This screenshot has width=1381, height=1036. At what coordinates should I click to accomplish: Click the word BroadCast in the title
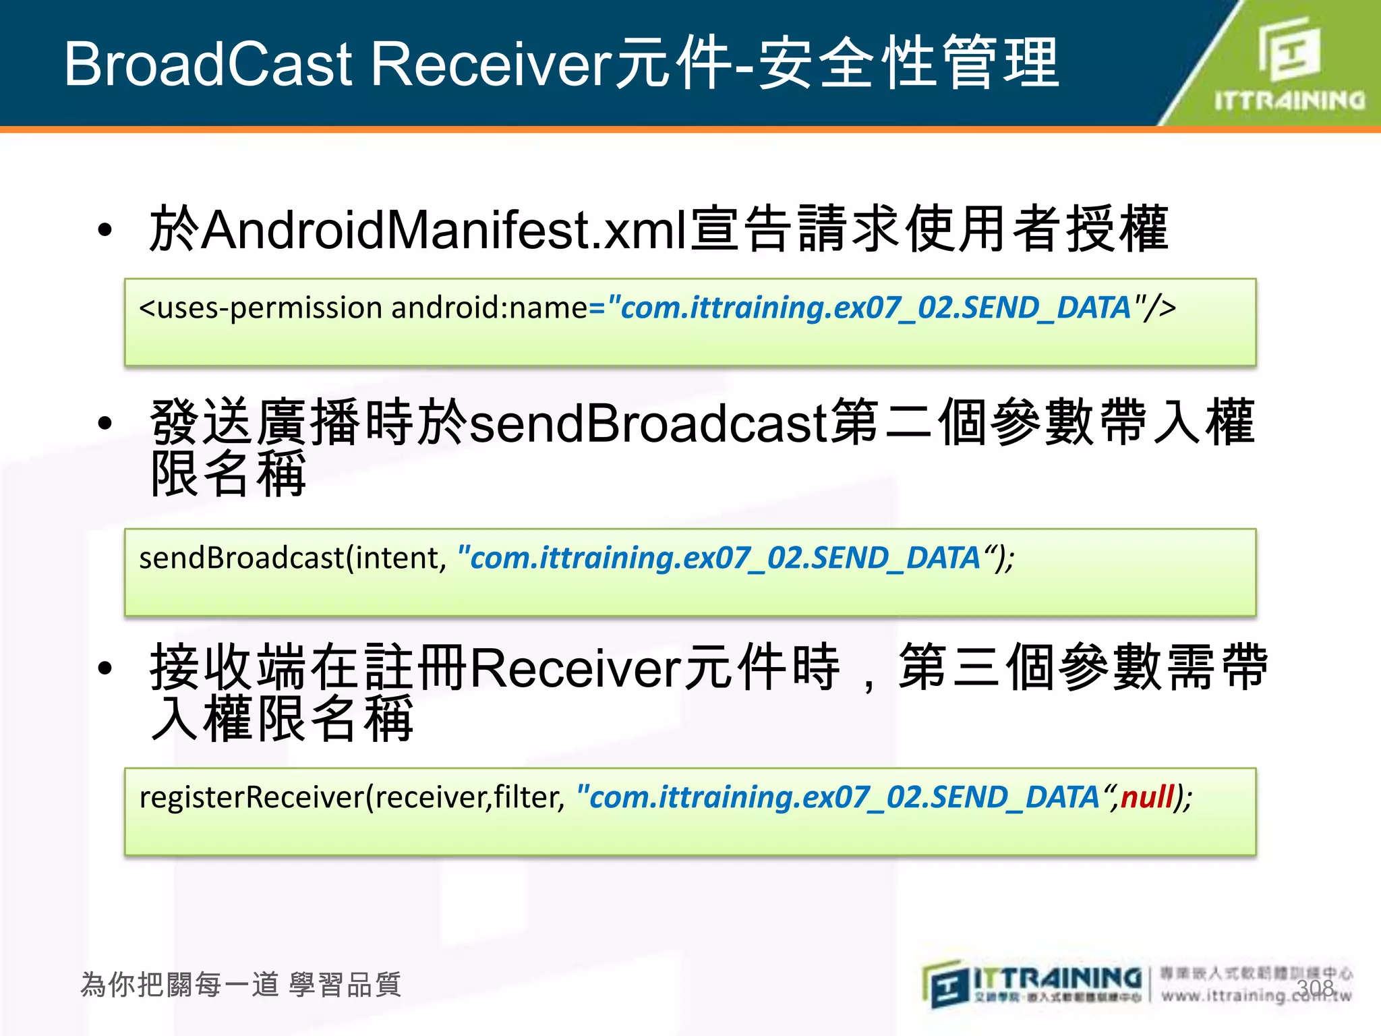(208, 64)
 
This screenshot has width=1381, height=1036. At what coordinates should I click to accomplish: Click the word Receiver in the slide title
(492, 64)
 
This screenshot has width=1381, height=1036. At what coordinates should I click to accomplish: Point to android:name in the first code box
(489, 308)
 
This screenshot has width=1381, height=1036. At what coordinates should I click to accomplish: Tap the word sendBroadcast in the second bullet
(648, 424)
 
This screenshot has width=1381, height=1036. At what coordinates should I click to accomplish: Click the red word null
(1147, 797)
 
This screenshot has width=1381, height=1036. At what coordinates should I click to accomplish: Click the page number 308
(1316, 988)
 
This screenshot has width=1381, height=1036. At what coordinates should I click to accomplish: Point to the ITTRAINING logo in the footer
(1032, 985)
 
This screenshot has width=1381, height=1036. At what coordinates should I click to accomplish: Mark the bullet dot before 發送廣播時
(105, 424)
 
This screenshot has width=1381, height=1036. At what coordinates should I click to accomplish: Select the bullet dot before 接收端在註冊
(105, 668)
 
